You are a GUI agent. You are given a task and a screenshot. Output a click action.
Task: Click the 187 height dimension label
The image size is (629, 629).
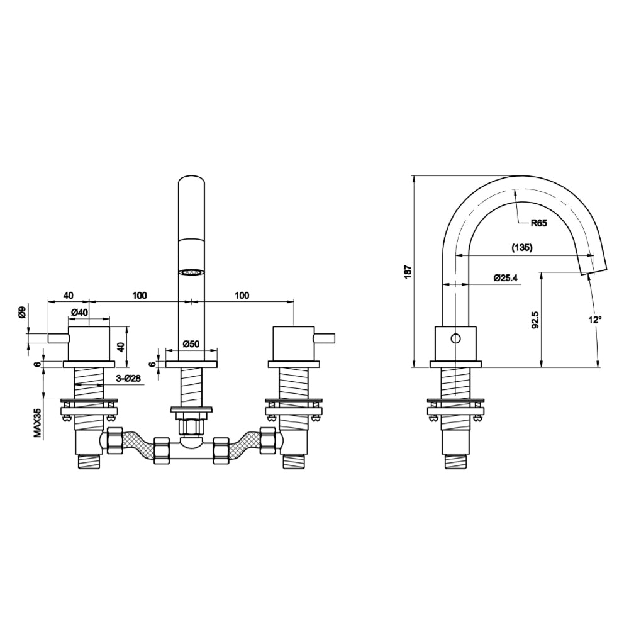(408, 270)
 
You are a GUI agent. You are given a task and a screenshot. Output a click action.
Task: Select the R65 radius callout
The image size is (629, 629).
(538, 223)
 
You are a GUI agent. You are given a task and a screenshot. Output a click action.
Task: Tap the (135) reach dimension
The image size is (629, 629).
(521, 247)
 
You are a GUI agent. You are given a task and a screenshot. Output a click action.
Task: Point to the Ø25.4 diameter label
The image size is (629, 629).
(506, 277)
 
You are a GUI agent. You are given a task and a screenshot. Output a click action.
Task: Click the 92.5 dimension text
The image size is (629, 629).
(535, 320)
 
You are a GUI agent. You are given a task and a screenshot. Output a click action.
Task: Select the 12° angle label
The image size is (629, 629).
(595, 320)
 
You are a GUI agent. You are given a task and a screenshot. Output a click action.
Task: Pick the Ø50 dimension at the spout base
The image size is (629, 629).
(191, 343)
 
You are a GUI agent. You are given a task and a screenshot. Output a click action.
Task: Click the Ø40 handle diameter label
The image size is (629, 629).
(79, 313)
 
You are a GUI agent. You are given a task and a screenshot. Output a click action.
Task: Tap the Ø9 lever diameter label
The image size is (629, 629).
(22, 312)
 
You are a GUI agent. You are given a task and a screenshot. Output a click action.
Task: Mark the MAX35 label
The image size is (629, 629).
(37, 423)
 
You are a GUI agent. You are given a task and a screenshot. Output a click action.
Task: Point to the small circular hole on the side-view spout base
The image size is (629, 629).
(456, 338)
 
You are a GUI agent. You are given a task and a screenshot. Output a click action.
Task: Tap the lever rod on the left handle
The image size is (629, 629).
(58, 338)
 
